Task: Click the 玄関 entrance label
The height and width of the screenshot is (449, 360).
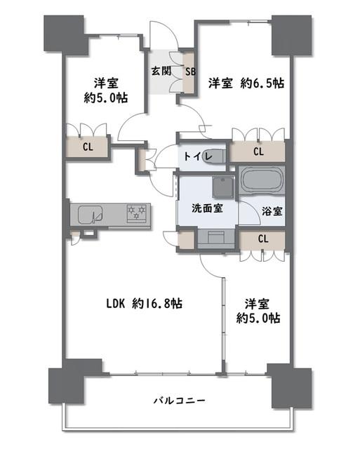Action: (x=161, y=71)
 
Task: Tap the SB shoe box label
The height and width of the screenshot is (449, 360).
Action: (x=190, y=72)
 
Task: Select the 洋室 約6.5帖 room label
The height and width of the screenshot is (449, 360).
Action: (x=246, y=83)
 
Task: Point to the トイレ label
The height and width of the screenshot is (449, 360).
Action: (x=198, y=156)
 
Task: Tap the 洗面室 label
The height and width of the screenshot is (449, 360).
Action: (x=207, y=208)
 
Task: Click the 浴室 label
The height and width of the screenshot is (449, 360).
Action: (x=272, y=211)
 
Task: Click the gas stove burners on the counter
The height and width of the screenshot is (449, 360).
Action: (x=137, y=213)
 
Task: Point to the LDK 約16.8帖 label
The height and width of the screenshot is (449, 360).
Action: (x=145, y=304)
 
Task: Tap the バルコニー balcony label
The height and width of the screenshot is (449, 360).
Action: (x=180, y=400)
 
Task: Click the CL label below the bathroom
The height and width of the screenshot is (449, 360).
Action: (x=263, y=239)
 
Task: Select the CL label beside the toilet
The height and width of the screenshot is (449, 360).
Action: (x=258, y=152)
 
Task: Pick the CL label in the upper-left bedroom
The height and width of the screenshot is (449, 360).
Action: (x=88, y=147)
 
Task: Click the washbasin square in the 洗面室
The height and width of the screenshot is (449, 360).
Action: (x=223, y=187)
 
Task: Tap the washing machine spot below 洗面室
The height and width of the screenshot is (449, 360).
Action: (x=216, y=239)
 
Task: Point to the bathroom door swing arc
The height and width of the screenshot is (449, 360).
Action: (x=253, y=211)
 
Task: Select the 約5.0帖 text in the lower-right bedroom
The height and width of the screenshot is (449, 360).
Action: (x=258, y=318)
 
